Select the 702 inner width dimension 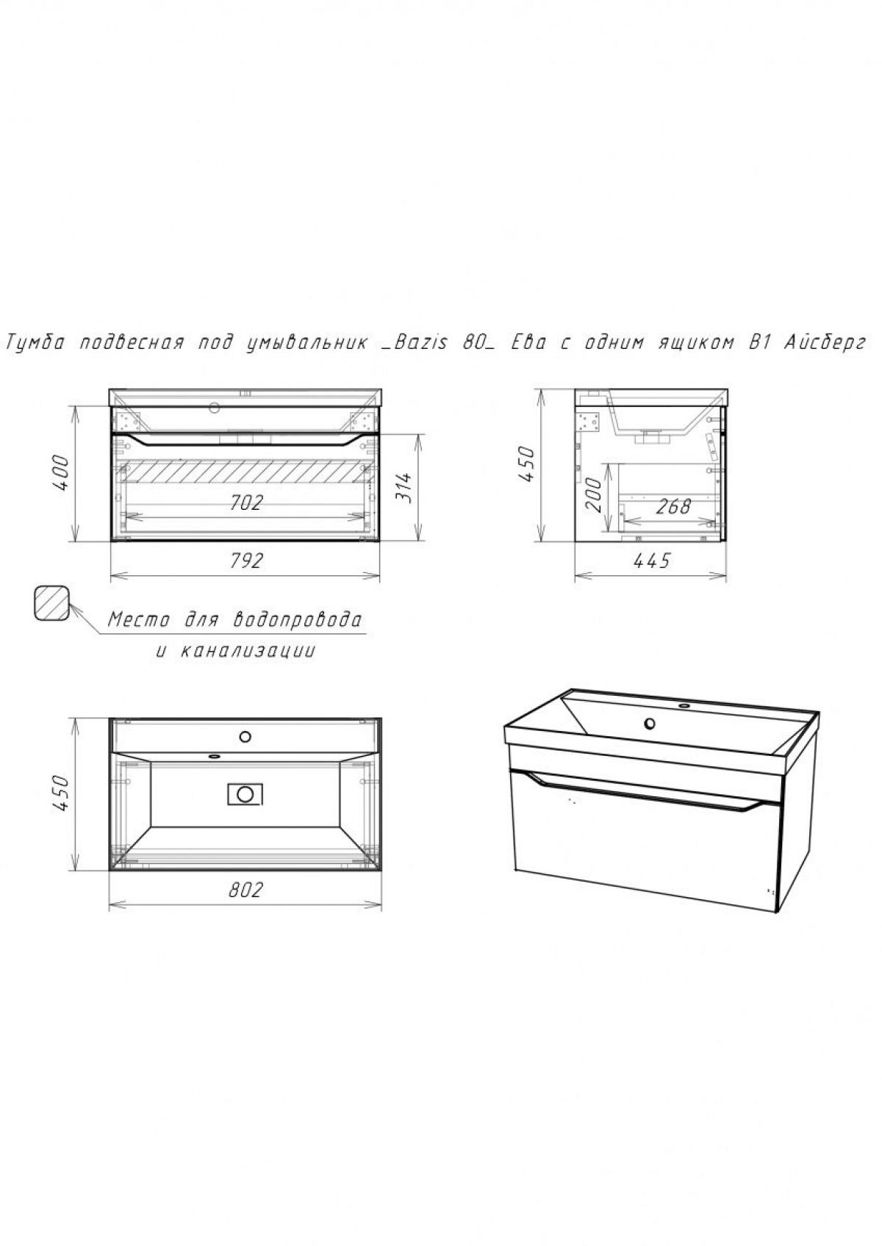pyautogui.click(x=246, y=503)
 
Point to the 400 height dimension pyautogui.click(x=61, y=473)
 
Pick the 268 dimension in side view pyautogui.click(x=673, y=506)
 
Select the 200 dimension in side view pyautogui.click(x=595, y=496)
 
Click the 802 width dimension pyautogui.click(x=245, y=890)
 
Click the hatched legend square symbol pyautogui.click(x=52, y=603)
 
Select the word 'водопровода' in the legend pyautogui.click(x=297, y=619)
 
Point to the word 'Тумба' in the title pyautogui.click(x=35, y=343)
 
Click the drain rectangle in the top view pyautogui.click(x=245, y=793)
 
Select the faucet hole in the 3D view pyautogui.click(x=649, y=724)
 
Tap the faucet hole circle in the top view pyautogui.click(x=245, y=737)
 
